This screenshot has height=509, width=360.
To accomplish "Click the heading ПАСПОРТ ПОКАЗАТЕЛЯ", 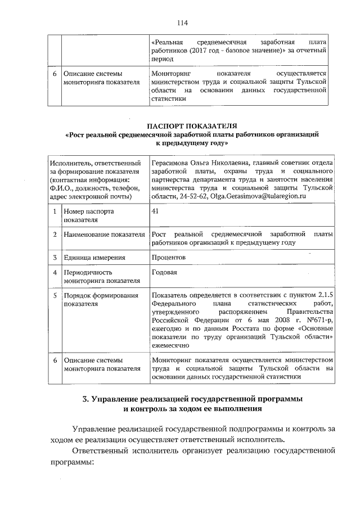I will pos(192,125).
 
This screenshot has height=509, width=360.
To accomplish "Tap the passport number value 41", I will pos(155,211).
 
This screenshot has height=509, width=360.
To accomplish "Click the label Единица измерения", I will pos(94,258).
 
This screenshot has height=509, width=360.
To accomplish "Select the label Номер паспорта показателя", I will pos(88,215).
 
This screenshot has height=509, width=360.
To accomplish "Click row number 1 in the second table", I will pos(54,211).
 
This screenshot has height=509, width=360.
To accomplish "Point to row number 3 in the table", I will pos(54,258).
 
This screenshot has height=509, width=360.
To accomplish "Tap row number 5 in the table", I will pos(54,295).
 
